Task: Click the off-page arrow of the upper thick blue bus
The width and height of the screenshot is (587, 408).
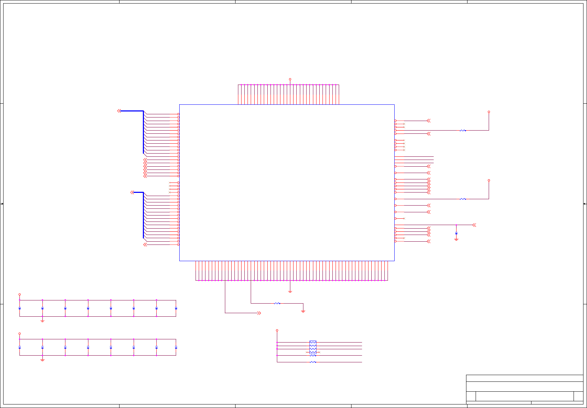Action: [119, 111]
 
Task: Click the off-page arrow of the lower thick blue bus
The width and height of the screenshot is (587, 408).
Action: [132, 192]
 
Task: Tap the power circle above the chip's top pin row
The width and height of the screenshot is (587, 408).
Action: [290, 79]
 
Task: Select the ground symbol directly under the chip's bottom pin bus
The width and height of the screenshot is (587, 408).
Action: [290, 292]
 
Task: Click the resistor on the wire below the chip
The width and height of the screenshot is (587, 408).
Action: [277, 303]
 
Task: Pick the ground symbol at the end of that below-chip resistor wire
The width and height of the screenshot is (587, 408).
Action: [303, 311]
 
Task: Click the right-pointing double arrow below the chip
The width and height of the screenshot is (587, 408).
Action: [259, 313]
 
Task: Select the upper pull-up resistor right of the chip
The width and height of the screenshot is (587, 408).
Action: [463, 131]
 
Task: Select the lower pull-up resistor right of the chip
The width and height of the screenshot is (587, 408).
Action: [463, 199]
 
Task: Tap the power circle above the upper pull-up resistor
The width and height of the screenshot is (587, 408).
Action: [489, 112]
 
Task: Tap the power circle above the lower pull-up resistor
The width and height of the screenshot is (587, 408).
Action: [489, 180]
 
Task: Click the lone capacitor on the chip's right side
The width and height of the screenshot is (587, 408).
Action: [456, 233]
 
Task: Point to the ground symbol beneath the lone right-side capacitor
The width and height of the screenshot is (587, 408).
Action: [456, 240]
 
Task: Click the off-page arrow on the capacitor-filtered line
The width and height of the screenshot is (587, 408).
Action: [474, 225]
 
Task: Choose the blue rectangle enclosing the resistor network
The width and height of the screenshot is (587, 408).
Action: [313, 347]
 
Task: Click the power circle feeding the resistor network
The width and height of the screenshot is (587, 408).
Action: [277, 331]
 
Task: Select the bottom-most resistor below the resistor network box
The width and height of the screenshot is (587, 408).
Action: [313, 362]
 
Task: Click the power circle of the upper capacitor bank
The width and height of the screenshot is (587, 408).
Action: [19, 294]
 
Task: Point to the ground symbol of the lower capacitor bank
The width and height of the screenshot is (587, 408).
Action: [42, 360]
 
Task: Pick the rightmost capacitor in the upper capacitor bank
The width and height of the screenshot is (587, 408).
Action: [176, 309]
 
